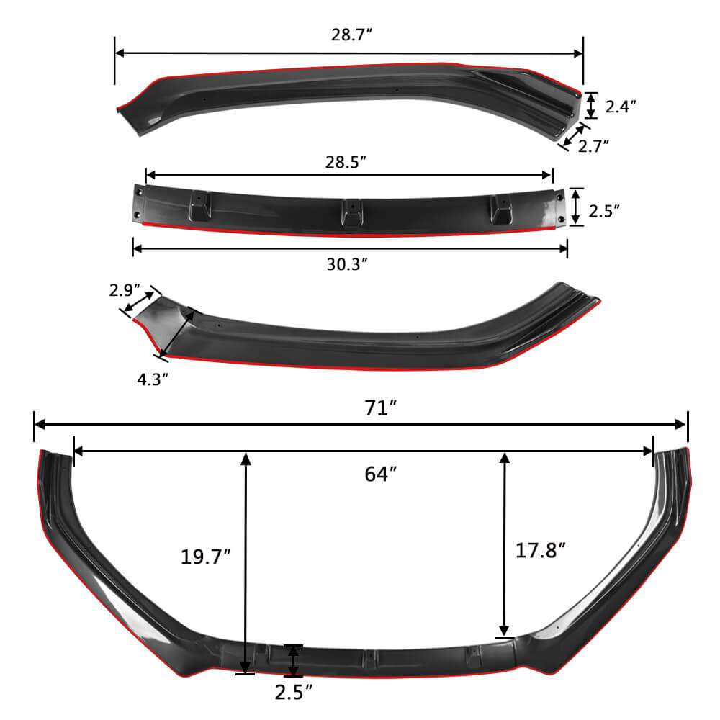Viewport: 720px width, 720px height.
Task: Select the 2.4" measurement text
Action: pyautogui.click(x=621, y=107)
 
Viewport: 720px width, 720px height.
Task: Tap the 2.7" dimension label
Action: pyautogui.click(x=594, y=145)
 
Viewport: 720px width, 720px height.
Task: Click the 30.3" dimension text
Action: pyautogui.click(x=348, y=264)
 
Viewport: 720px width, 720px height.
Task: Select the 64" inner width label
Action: pyautogui.click(x=381, y=474)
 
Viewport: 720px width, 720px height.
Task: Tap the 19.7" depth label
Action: pyautogui.click(x=206, y=556)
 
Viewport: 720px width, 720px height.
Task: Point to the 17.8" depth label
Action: pyautogui.click(x=541, y=551)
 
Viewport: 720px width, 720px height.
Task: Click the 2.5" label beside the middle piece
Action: pyautogui.click(x=604, y=212)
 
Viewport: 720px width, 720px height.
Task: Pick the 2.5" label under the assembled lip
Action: pyautogui.click(x=294, y=693)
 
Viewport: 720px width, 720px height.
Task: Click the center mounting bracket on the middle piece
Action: pyautogui.click(x=350, y=212)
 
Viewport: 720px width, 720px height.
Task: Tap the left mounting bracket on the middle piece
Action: pyautogui.click(x=197, y=207)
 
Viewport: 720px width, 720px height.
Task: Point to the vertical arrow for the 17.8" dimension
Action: pyautogui.click(x=505, y=544)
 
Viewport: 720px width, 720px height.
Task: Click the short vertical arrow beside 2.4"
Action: pyautogui.click(x=591, y=105)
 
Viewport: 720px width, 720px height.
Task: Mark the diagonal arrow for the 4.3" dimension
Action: pyautogui.click(x=176, y=332)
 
